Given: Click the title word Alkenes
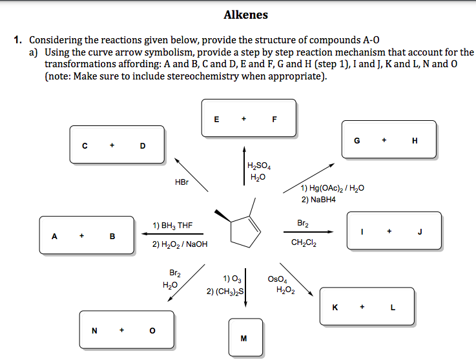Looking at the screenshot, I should coord(245,14).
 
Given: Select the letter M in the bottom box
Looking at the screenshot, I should coord(243,338).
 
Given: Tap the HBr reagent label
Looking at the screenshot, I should coord(181,182).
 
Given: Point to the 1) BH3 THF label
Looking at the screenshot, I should coord(172,226).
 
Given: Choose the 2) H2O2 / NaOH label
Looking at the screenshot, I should coord(180,244).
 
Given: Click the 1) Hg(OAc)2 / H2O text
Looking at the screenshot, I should coord(333,188).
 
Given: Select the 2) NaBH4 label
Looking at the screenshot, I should coord(318,199).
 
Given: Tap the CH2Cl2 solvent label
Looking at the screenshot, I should coord(304,243).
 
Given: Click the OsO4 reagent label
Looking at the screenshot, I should coord(276,279).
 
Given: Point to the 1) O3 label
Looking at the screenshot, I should coord(231,279).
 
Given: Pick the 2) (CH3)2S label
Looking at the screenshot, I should coord(225,291).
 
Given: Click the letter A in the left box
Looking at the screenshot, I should coord(55,236).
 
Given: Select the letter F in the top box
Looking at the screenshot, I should coord(274,119).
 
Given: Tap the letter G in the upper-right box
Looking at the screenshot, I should coord(357,140).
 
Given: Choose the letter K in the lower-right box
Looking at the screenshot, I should coord(335,308).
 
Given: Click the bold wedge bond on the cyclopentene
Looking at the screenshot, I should coord(223,215).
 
